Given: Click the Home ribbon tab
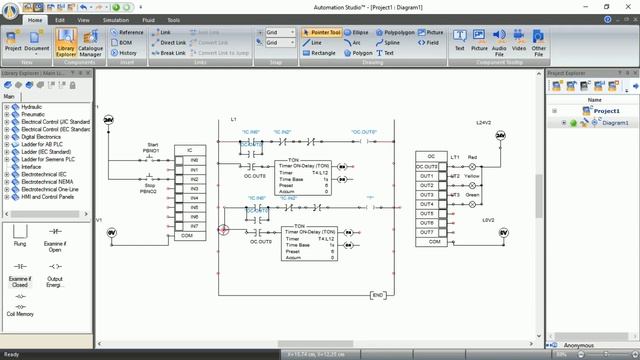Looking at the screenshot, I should point(36,19).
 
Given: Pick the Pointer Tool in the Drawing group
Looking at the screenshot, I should point(320,32).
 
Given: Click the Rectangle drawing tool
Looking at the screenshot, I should point(320,53).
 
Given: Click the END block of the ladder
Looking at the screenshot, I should point(378,295).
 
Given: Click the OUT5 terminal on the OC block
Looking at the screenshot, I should point(427,213).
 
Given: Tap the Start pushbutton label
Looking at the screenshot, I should point(153,145).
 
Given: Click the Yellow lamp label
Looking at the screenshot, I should point(472,176).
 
